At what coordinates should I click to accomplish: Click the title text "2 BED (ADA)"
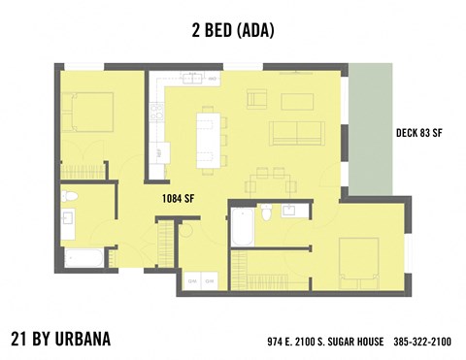(x=233, y=31)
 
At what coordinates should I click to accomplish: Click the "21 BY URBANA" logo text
(x=60, y=339)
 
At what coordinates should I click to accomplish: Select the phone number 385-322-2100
(x=422, y=342)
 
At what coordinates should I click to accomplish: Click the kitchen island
(x=206, y=136)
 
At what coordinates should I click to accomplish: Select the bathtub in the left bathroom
(x=83, y=258)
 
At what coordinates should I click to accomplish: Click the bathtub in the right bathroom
(x=243, y=227)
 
